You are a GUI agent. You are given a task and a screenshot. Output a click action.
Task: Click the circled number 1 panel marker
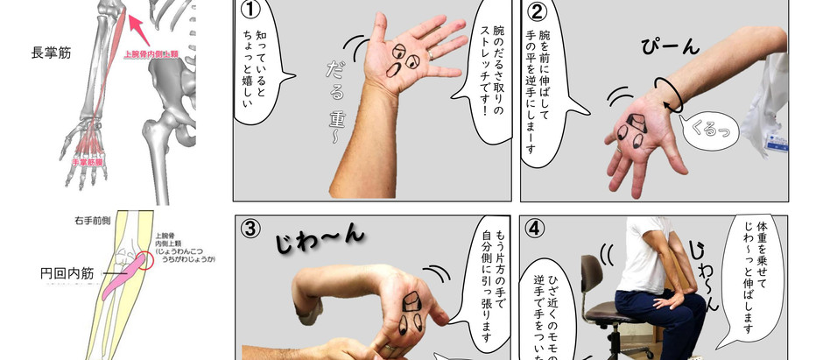click(251, 11)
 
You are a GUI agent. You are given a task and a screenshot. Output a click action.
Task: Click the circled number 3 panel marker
click(251, 229)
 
